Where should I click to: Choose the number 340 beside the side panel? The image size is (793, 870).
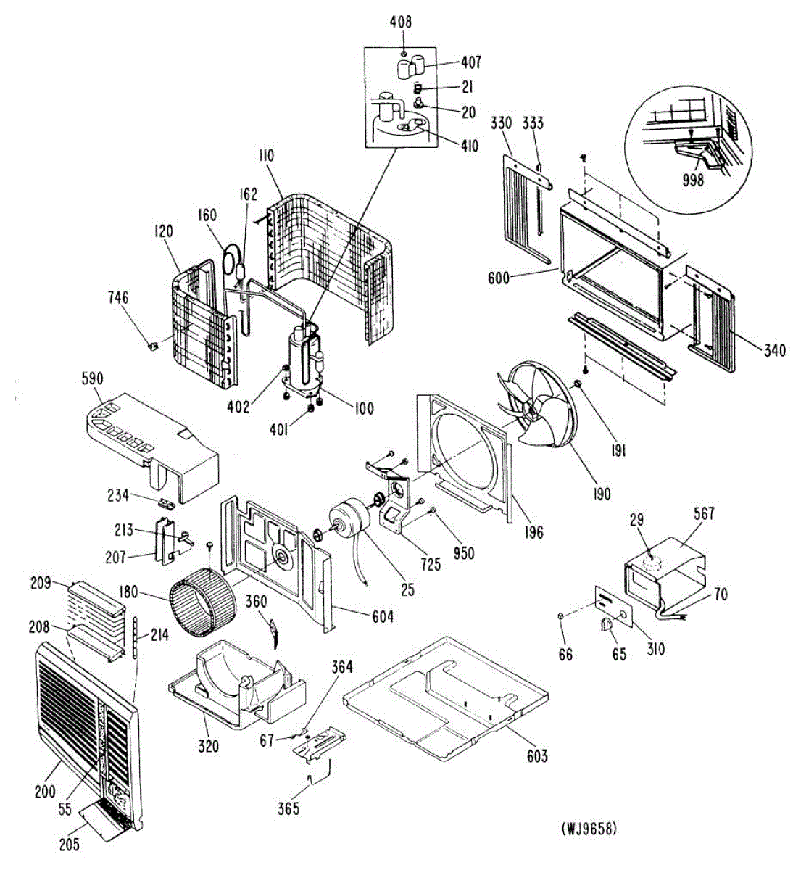tap(773, 352)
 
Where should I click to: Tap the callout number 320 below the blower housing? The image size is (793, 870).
tap(208, 745)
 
